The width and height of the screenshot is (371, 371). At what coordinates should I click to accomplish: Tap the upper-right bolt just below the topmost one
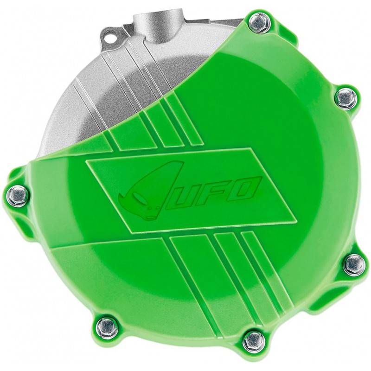click(346, 98)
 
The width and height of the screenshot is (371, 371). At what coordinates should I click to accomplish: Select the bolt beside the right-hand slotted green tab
click(355, 265)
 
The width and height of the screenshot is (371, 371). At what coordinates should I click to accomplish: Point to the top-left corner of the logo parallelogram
click(86, 160)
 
